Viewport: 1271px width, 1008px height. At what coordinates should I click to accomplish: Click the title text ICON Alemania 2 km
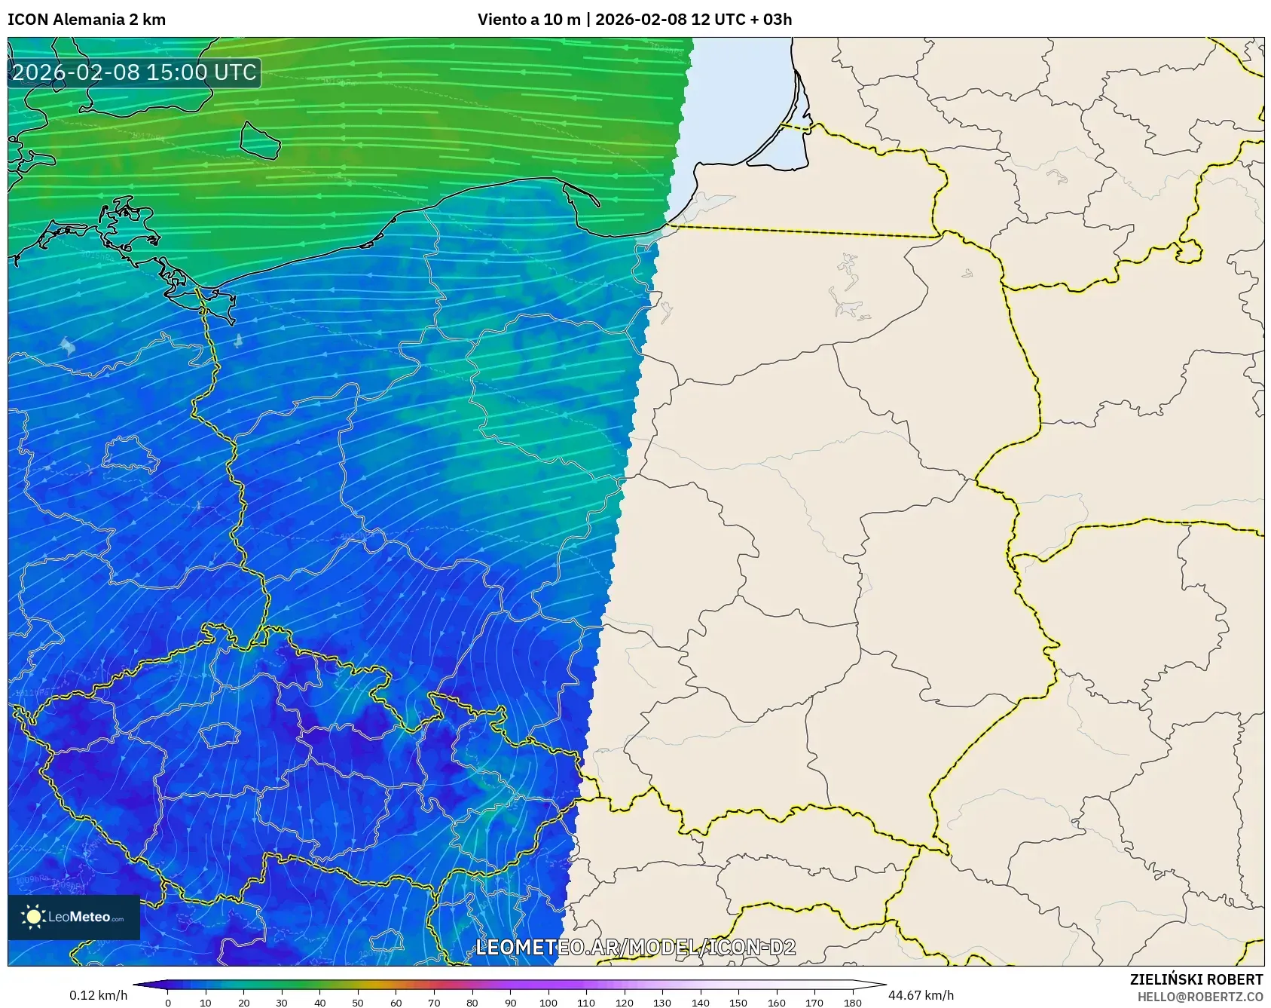coord(87,20)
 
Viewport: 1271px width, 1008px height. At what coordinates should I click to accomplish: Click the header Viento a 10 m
coord(529,20)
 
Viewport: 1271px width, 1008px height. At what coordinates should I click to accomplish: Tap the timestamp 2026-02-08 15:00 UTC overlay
coord(134,72)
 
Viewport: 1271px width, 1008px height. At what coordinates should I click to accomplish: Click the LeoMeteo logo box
coord(74,917)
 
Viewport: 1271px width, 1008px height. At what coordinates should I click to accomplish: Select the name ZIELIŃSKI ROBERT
coord(1196,979)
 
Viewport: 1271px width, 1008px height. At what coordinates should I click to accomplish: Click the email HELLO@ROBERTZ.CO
coord(1199,997)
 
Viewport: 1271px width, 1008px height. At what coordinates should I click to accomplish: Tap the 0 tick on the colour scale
coord(168,1003)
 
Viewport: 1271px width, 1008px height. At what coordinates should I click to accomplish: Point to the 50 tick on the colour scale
coord(358,1003)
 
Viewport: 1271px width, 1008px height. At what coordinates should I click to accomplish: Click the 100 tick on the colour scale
coord(548,1003)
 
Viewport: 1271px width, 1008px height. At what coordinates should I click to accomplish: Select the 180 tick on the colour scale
coord(853,1003)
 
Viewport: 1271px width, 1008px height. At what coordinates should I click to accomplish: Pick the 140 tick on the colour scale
coord(701,1003)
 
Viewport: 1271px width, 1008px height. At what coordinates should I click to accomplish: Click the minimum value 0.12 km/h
coord(99,995)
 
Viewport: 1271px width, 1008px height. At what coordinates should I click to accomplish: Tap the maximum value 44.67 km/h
coord(921,995)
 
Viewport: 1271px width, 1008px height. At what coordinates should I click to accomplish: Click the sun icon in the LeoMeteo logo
coord(33,917)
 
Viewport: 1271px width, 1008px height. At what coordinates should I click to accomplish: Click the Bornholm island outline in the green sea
coord(260,140)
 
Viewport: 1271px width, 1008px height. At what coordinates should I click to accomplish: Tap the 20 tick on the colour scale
coord(244,1003)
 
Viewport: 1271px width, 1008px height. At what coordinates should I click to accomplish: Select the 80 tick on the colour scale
coord(472,1003)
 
